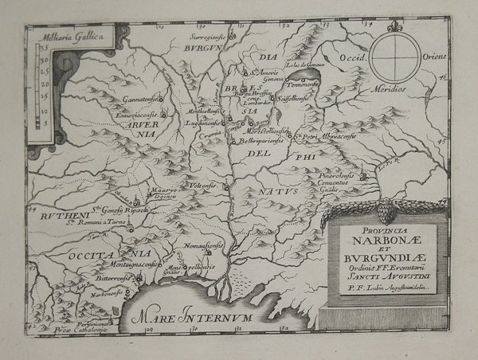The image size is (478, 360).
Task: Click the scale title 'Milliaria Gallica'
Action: click(58, 37)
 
